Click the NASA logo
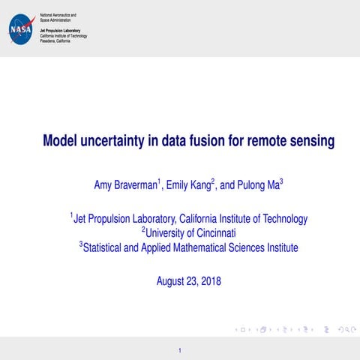pos(20,29)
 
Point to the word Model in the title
pos(60,140)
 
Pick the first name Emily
pos(179,184)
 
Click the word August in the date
pos(172,282)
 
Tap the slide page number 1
pos(180,350)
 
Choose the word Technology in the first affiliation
pos(282,219)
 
